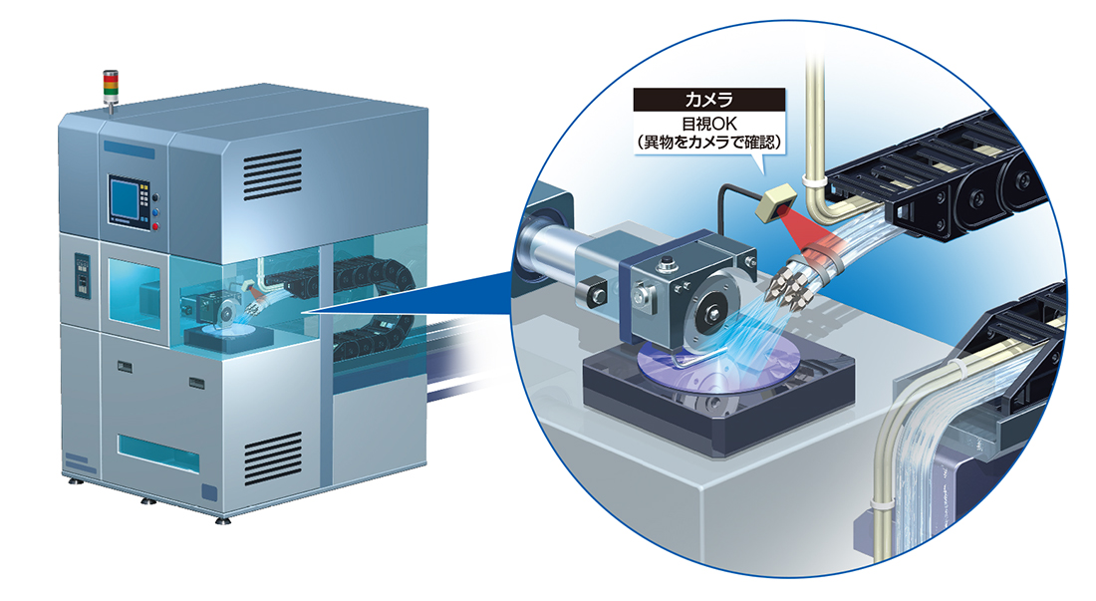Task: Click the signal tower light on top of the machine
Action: tap(111, 88)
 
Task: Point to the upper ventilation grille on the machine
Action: tap(273, 174)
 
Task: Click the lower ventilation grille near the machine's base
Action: tap(273, 458)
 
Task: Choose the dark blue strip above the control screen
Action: tap(130, 149)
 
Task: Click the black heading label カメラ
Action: tap(708, 100)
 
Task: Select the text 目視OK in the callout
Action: tap(708, 125)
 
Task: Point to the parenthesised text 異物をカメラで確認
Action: tap(708, 143)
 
